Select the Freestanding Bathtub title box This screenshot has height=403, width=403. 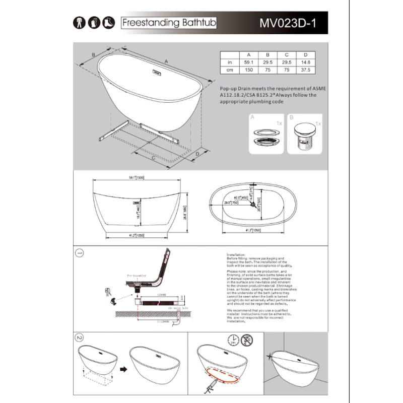click(169, 23)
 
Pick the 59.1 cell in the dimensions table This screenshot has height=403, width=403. click(248, 62)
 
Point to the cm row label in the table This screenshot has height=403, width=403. click(230, 71)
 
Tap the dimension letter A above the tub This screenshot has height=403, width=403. click(166, 60)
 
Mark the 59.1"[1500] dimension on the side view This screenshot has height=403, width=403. click(137, 177)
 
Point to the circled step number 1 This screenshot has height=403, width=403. click(79, 252)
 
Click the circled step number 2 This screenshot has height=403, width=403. click(79, 337)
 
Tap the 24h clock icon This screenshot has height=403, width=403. click(233, 339)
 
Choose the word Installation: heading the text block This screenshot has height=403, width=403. click(236, 255)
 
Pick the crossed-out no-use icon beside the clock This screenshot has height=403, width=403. click(247, 339)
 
